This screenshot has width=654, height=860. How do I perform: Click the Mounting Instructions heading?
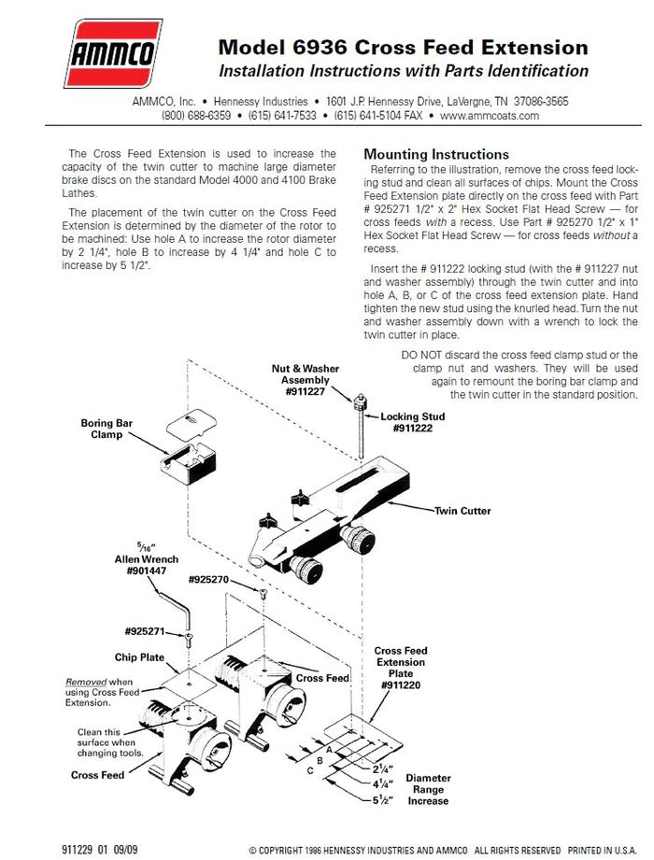[435, 154]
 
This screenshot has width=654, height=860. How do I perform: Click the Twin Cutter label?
[462, 511]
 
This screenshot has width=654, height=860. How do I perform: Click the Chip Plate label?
[139, 657]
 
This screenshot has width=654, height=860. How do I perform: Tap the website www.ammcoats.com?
[490, 116]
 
